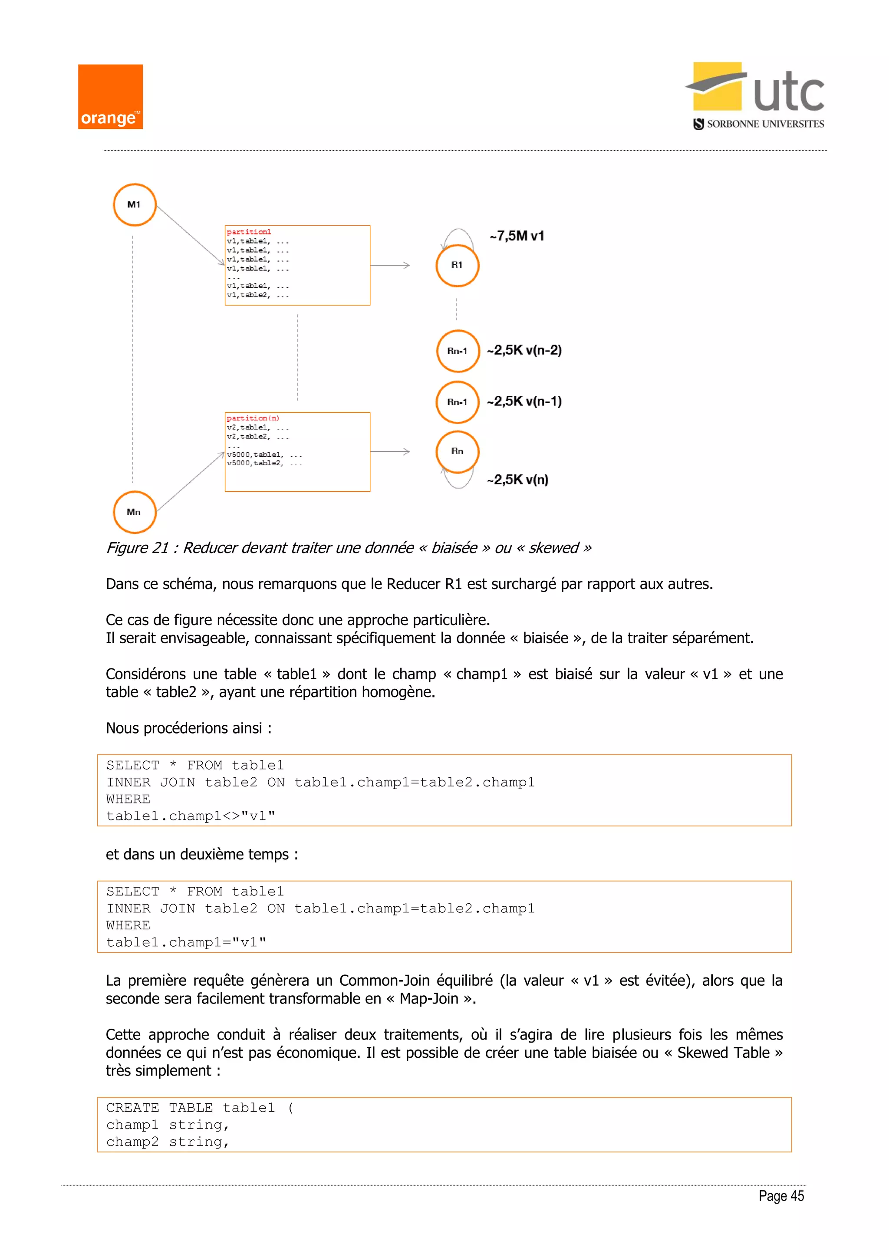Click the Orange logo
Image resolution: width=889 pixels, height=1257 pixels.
(110, 97)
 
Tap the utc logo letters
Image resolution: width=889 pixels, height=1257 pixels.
(788, 93)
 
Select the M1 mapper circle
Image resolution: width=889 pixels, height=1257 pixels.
(135, 205)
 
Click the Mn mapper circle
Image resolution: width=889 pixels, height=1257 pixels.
(135, 512)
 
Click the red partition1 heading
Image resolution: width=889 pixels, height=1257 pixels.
(249, 232)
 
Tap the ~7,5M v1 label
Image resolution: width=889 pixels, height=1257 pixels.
(517, 236)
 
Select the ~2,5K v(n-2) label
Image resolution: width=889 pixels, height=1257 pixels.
(524, 350)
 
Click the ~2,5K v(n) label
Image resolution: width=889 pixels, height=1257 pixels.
(518, 480)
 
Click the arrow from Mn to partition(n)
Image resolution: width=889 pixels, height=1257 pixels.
(191, 482)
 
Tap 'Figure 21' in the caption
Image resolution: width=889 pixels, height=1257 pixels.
(137, 548)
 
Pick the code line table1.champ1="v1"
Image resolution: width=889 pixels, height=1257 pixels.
(186, 942)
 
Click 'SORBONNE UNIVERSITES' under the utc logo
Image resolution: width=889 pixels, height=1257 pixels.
(765, 124)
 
